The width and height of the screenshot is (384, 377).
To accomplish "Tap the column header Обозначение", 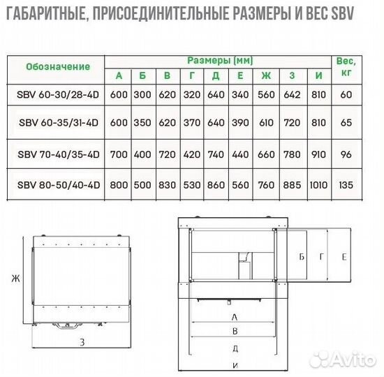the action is click(58, 66).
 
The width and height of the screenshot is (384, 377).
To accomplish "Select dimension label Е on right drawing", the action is click(344, 257).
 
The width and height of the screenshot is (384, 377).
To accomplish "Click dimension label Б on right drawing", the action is click(300, 257).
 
